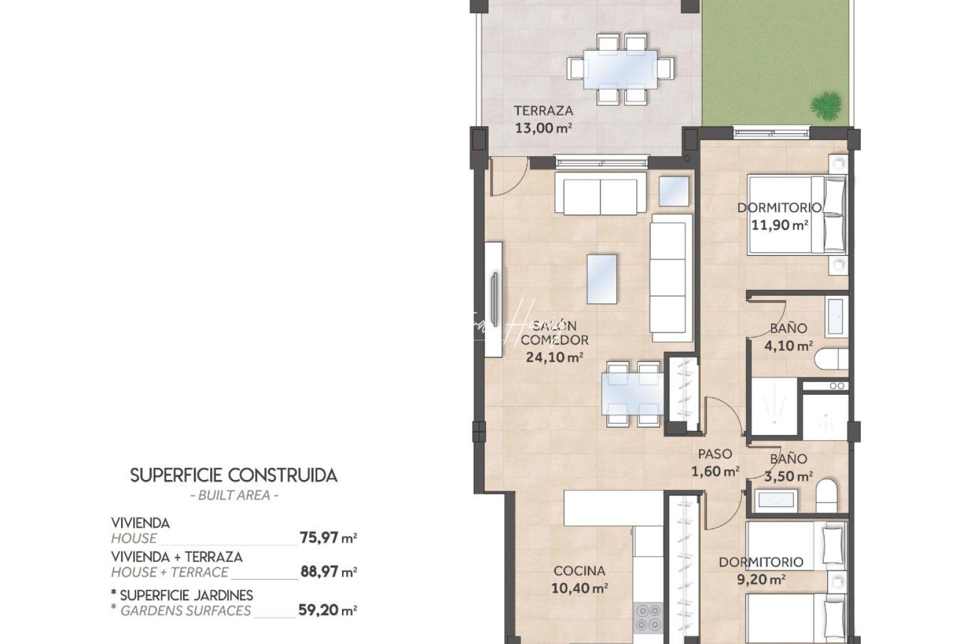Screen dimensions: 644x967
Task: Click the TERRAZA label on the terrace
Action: (x=543, y=110)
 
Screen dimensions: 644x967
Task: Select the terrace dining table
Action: (x=621, y=69)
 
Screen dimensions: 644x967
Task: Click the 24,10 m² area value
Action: (x=554, y=357)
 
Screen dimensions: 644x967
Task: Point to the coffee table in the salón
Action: (x=602, y=279)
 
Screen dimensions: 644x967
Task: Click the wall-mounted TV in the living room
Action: (x=494, y=299)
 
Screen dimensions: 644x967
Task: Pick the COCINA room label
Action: (x=578, y=571)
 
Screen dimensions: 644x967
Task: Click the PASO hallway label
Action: (x=715, y=454)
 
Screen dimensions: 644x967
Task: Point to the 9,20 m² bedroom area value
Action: (x=760, y=579)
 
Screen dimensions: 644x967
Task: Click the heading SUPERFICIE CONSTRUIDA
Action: (x=233, y=475)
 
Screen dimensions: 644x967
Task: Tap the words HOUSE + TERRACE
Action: (x=170, y=572)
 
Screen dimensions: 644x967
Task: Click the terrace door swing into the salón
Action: (x=507, y=177)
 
